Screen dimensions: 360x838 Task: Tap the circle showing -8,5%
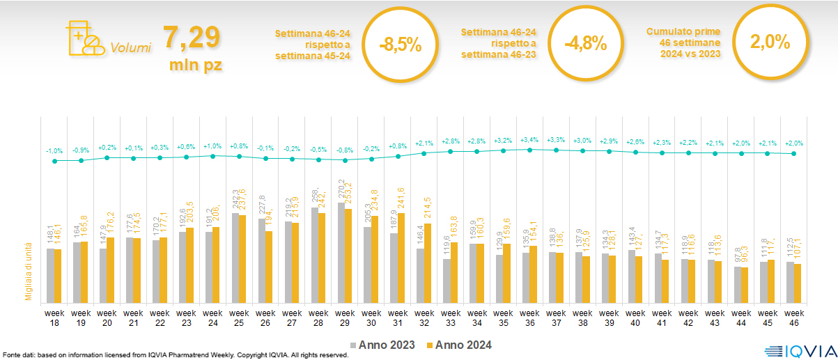pyautogui.click(x=401, y=44)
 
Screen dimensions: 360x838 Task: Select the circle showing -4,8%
pyautogui.click(x=585, y=44)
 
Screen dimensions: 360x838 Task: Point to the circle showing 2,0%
pyautogui.click(x=770, y=43)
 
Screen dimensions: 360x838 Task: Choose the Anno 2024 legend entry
pyautogui.click(x=458, y=345)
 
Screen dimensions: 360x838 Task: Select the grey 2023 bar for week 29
pyautogui.click(x=341, y=253)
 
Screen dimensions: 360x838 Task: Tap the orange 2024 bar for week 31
pyautogui.click(x=401, y=258)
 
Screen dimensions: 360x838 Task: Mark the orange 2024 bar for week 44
pyautogui.click(x=743, y=285)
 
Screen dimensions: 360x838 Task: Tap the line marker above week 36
pyautogui.click(x=530, y=150)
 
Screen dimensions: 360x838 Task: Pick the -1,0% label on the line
pyautogui.click(x=54, y=151)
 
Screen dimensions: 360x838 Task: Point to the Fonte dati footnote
pyautogui.click(x=174, y=355)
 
